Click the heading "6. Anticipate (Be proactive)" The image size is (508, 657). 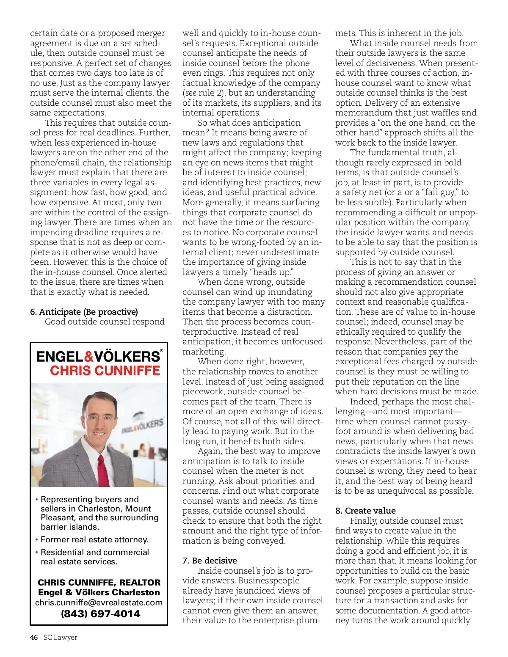point(84,312)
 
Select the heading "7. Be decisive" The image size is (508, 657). point(210,561)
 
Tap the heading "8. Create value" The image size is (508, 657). point(365,511)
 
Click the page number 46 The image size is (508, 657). point(34,638)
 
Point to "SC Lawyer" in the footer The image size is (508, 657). point(61,638)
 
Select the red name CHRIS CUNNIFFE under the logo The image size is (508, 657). point(105,371)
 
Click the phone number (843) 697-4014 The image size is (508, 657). point(101,614)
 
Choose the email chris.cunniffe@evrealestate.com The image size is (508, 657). point(99,602)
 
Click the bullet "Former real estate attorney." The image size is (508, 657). point(94,539)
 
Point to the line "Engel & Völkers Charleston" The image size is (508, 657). point(99,592)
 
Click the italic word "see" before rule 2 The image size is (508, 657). point(190,93)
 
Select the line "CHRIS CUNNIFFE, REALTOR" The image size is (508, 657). point(99,583)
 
